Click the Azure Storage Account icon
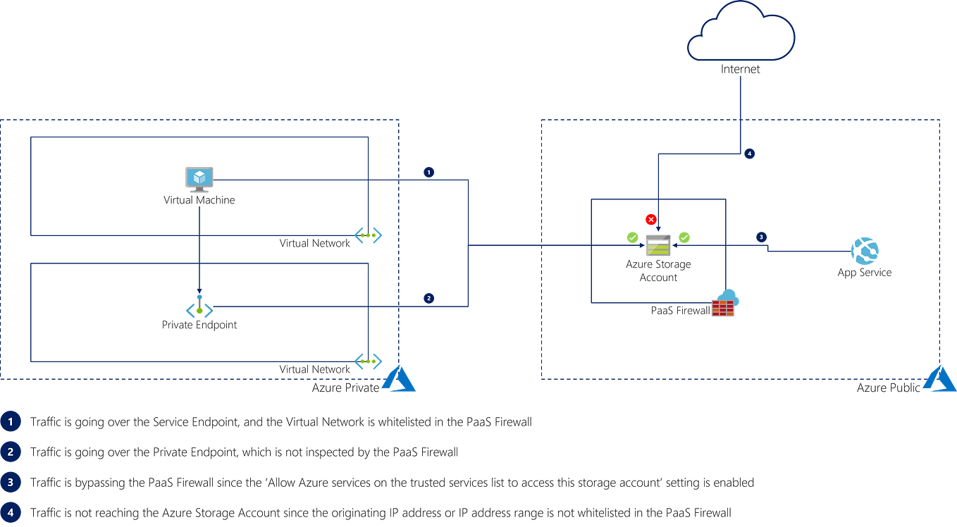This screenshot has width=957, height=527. (658, 247)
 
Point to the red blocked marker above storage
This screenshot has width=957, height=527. (650, 219)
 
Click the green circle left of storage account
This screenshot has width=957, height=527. (632, 237)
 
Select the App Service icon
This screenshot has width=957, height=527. (865, 251)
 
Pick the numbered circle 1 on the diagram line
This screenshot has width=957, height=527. (428, 172)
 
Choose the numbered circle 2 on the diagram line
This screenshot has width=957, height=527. (428, 298)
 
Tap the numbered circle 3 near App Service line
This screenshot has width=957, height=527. (761, 237)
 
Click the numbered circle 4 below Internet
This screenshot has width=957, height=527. (750, 153)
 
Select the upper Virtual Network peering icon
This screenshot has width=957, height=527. (368, 235)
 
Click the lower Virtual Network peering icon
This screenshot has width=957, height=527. (368, 361)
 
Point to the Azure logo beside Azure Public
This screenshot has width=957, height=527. (940, 380)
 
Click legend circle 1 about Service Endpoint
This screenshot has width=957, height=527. (11, 422)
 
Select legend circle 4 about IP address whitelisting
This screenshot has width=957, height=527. (11, 512)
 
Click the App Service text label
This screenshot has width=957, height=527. (864, 273)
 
